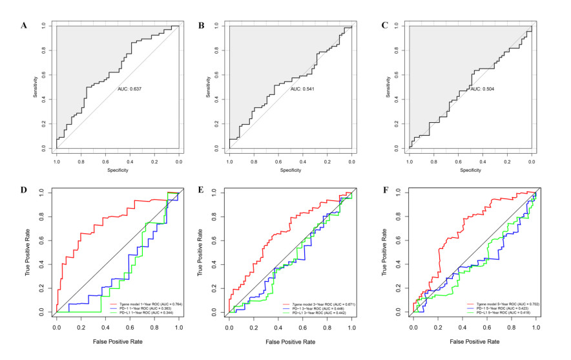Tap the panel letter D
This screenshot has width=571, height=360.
[x=24, y=191]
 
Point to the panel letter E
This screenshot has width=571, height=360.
[x=200, y=191]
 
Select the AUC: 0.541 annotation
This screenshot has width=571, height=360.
[x=304, y=89]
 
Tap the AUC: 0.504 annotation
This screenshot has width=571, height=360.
[x=483, y=89]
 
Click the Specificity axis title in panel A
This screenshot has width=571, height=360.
[x=117, y=171]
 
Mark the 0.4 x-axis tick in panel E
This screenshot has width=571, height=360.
[x=278, y=328]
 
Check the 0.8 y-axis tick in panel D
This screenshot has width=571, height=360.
[x=43, y=216]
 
